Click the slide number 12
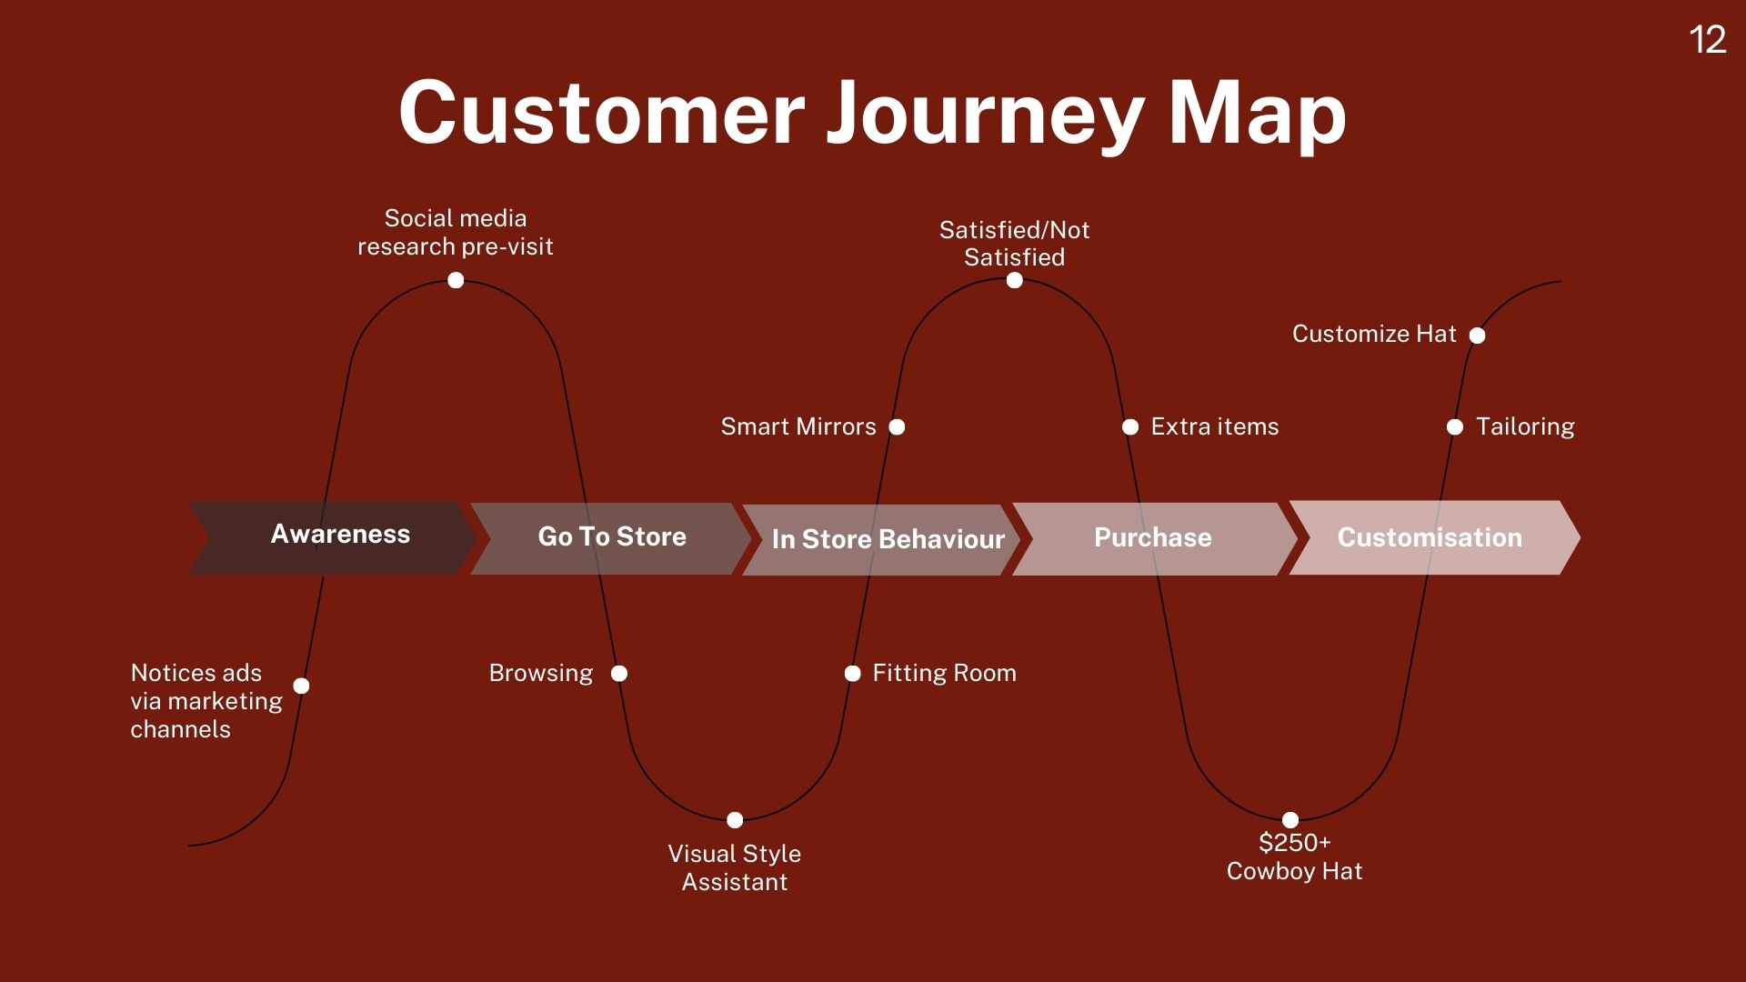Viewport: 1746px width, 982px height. click(1707, 40)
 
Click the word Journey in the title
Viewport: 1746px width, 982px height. click(985, 114)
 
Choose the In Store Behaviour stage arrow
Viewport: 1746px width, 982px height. click(882, 539)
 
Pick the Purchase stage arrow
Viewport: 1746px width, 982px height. click(1153, 538)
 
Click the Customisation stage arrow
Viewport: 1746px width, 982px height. click(1431, 537)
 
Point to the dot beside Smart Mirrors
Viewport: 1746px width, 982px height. click(897, 426)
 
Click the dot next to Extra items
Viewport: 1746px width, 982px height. click(1130, 426)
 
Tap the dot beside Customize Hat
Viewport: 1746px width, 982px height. click(1478, 336)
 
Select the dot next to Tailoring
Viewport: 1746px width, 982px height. click(1455, 426)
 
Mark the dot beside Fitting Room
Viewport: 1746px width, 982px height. click(852, 674)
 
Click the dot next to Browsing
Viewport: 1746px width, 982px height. click(619, 674)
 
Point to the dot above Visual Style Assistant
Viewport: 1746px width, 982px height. click(735, 820)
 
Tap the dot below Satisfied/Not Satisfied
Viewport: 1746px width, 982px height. click(1015, 280)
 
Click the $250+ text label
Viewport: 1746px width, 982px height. click(1294, 843)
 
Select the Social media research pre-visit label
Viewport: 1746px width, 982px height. click(456, 232)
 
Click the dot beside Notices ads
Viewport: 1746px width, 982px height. click(302, 686)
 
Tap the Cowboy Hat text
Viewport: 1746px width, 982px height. click(1294, 871)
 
